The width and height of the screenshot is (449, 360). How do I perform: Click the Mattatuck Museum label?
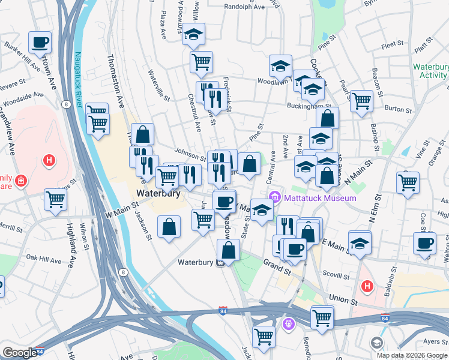[321, 198]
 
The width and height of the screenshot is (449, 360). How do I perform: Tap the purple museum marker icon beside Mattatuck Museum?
[276, 197]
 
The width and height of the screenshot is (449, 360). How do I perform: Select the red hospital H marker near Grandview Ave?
[50, 161]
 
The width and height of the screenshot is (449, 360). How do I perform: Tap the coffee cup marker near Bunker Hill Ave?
[40, 43]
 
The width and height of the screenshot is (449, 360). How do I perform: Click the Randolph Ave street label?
[244, 7]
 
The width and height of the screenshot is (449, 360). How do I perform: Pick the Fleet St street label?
[391, 44]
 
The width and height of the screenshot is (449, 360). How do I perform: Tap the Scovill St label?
[336, 277]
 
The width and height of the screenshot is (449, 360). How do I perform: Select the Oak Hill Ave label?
[41, 257]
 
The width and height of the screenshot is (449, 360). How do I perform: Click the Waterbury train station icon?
[221, 263]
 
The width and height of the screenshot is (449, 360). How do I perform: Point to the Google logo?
[19, 353]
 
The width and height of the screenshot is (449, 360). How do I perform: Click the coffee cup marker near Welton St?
[424, 244]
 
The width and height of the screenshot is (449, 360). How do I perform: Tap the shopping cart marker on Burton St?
[361, 101]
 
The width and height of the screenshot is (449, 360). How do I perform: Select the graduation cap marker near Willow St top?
[194, 34]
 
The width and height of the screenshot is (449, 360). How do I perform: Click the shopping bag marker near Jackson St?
[169, 227]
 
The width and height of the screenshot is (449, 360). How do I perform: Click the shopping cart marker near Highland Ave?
[56, 199]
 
